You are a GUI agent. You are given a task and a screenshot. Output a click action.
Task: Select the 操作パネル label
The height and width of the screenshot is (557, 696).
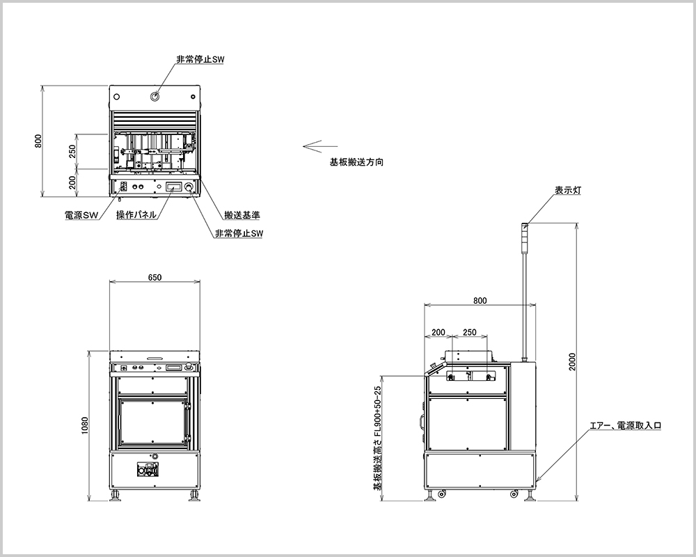(136, 215)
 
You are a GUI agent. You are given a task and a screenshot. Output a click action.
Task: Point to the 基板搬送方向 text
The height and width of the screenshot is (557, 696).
(356, 162)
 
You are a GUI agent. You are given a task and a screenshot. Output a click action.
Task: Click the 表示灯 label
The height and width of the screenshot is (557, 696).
(568, 190)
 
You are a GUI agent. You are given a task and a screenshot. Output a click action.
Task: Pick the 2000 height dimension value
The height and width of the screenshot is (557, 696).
(572, 362)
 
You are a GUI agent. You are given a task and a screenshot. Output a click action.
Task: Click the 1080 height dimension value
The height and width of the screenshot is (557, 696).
(85, 425)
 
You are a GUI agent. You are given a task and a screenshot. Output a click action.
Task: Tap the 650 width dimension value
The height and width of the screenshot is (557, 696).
(155, 277)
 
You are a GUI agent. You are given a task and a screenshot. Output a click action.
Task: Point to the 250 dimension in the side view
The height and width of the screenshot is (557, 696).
(469, 332)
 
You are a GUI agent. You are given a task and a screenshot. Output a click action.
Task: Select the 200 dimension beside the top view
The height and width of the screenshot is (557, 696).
(72, 182)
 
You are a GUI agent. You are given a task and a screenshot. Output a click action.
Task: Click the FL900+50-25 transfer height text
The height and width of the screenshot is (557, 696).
(378, 439)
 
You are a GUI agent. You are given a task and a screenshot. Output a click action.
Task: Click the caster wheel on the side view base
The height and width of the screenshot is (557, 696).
(514, 494)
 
